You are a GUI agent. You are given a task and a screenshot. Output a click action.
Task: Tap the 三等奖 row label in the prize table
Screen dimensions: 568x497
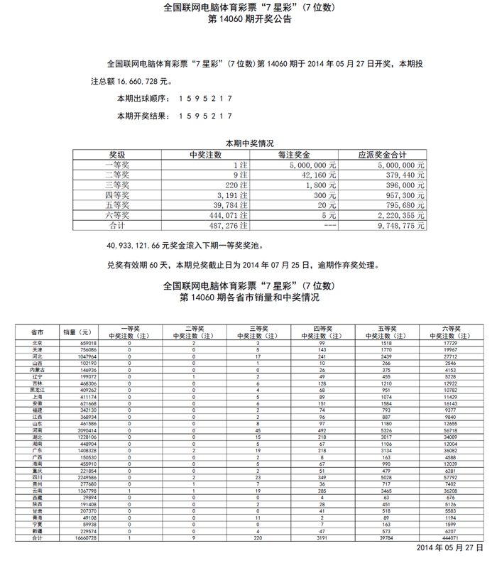click(117, 185)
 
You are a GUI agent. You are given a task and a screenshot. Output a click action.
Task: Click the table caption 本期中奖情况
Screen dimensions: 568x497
click(249, 143)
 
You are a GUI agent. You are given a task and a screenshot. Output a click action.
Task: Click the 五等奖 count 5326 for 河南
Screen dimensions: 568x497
click(386, 430)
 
